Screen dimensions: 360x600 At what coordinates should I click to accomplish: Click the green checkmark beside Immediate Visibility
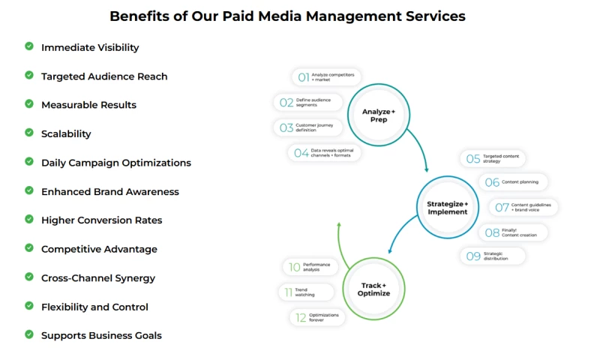tap(29, 46)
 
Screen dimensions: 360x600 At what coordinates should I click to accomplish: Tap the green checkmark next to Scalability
tap(29, 133)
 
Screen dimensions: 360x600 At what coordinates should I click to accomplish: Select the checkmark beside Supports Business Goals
tap(29, 334)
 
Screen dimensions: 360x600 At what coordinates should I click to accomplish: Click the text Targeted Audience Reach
tap(104, 76)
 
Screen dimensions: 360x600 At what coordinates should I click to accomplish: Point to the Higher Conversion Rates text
tap(101, 220)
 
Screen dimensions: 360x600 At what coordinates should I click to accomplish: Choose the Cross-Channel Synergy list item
tap(98, 278)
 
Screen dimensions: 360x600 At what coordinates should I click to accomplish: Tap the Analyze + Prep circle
tap(379, 115)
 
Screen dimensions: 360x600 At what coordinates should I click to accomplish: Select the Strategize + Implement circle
tap(447, 207)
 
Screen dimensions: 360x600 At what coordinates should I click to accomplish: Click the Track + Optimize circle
tap(374, 289)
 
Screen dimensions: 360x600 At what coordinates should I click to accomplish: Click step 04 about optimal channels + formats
tap(325, 152)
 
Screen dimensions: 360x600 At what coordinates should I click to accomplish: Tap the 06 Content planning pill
tap(514, 181)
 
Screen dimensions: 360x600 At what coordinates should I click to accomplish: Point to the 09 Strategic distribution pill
tap(492, 256)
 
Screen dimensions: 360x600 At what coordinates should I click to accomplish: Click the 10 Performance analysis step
tap(310, 266)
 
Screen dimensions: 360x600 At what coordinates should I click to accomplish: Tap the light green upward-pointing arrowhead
tap(339, 224)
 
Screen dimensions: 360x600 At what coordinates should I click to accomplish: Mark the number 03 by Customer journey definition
tap(286, 127)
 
